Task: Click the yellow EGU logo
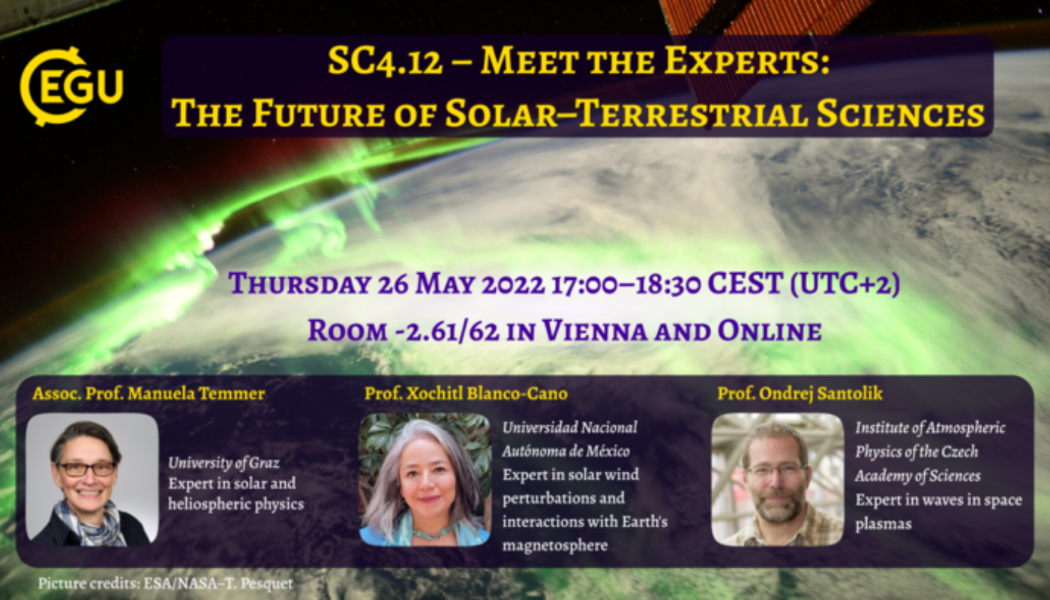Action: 70,85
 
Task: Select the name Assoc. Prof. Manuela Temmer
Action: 148,393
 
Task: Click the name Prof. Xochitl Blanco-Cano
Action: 466,393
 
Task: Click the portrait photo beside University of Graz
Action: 92,478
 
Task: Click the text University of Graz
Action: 223,462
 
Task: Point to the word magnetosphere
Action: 544,545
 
